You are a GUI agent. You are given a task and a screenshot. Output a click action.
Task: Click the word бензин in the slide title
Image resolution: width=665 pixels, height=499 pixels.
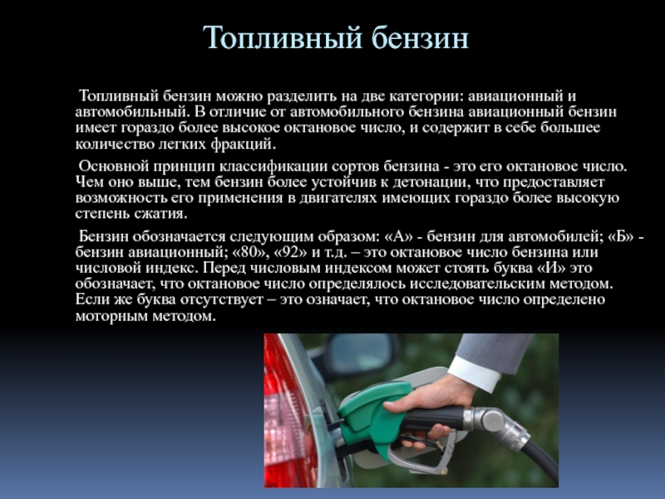click(x=421, y=37)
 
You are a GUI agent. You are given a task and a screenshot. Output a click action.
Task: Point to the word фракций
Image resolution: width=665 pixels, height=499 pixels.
click(x=243, y=144)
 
